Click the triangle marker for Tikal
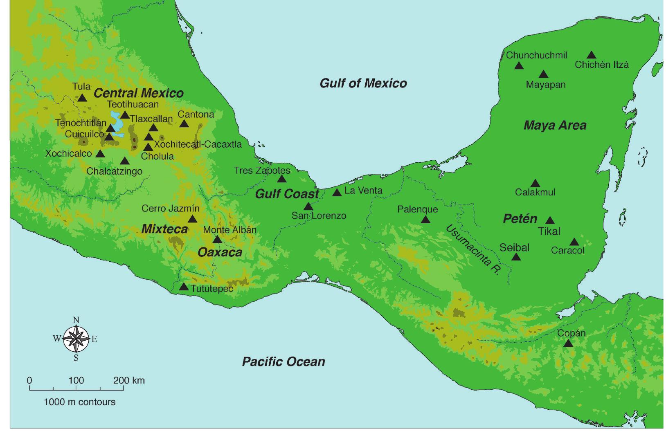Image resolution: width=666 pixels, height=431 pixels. (x=550, y=221)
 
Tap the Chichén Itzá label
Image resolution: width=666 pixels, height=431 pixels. (x=601, y=65)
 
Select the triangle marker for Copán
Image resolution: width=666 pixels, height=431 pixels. (x=568, y=343)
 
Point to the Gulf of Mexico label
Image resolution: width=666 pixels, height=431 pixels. (x=363, y=83)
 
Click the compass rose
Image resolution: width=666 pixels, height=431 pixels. (x=76, y=339)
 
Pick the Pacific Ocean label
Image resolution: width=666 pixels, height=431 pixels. (x=283, y=361)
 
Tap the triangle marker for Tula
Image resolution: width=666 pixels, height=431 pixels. (x=82, y=98)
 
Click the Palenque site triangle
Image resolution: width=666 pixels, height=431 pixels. (x=425, y=220)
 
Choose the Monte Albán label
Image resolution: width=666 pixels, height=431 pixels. (x=229, y=230)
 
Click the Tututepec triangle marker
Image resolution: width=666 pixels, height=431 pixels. (x=184, y=287)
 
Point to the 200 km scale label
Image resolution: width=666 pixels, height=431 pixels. (x=129, y=380)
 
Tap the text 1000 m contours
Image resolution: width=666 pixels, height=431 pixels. (x=79, y=402)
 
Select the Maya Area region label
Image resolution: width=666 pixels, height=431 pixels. (x=555, y=126)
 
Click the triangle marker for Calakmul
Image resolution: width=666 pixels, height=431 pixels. (x=535, y=184)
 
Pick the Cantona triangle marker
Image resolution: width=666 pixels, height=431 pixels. (x=184, y=124)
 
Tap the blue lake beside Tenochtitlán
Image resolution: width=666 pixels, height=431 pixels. (x=117, y=124)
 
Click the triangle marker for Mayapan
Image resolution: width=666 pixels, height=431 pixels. (x=543, y=74)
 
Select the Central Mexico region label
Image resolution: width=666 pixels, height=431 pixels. (x=139, y=93)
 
